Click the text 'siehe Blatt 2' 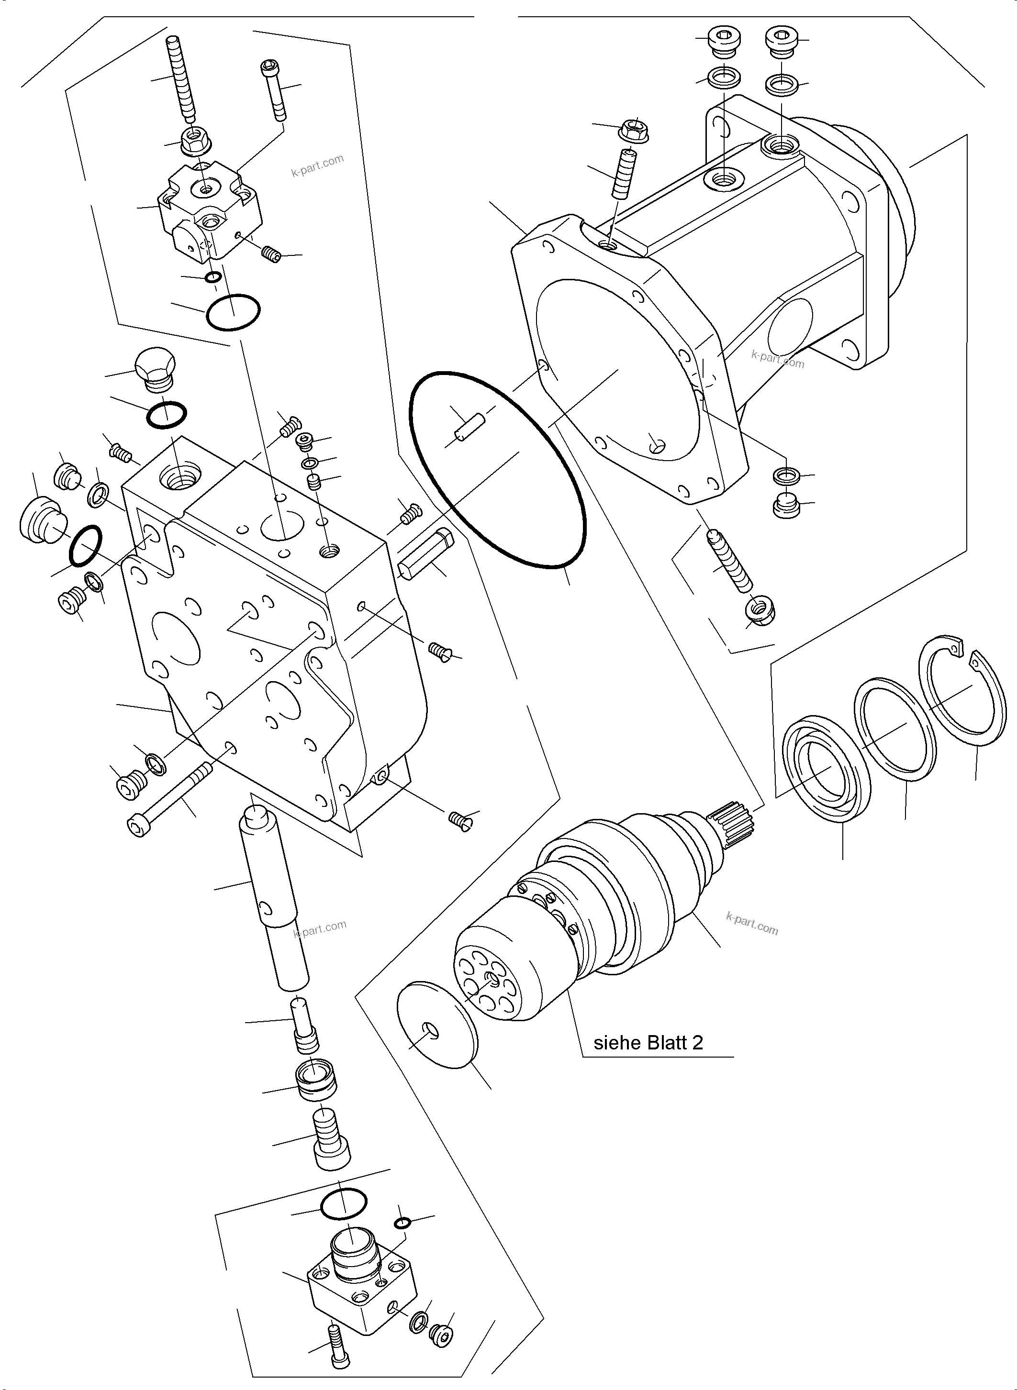click(648, 1043)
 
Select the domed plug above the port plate click(155, 369)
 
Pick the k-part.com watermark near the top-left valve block click(317, 165)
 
